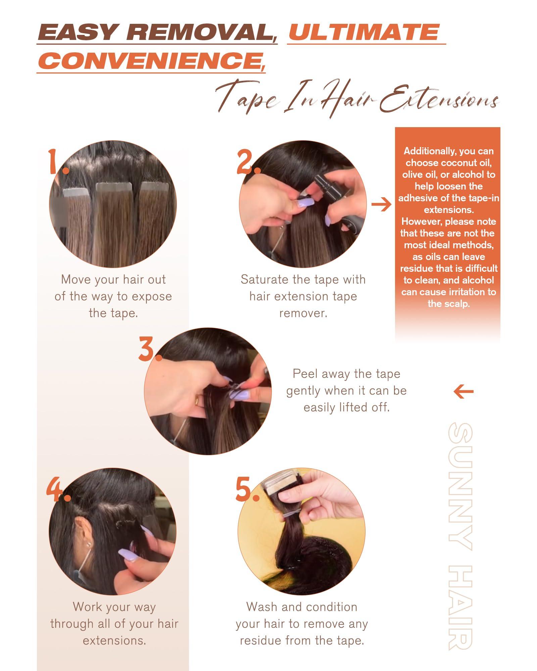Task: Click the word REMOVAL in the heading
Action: [201, 33]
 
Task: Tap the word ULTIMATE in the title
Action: [364, 33]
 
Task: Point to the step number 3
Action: [149, 350]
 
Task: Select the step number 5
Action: [247, 490]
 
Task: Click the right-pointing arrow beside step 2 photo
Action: [381, 204]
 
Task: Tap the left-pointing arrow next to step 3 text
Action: [463, 391]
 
